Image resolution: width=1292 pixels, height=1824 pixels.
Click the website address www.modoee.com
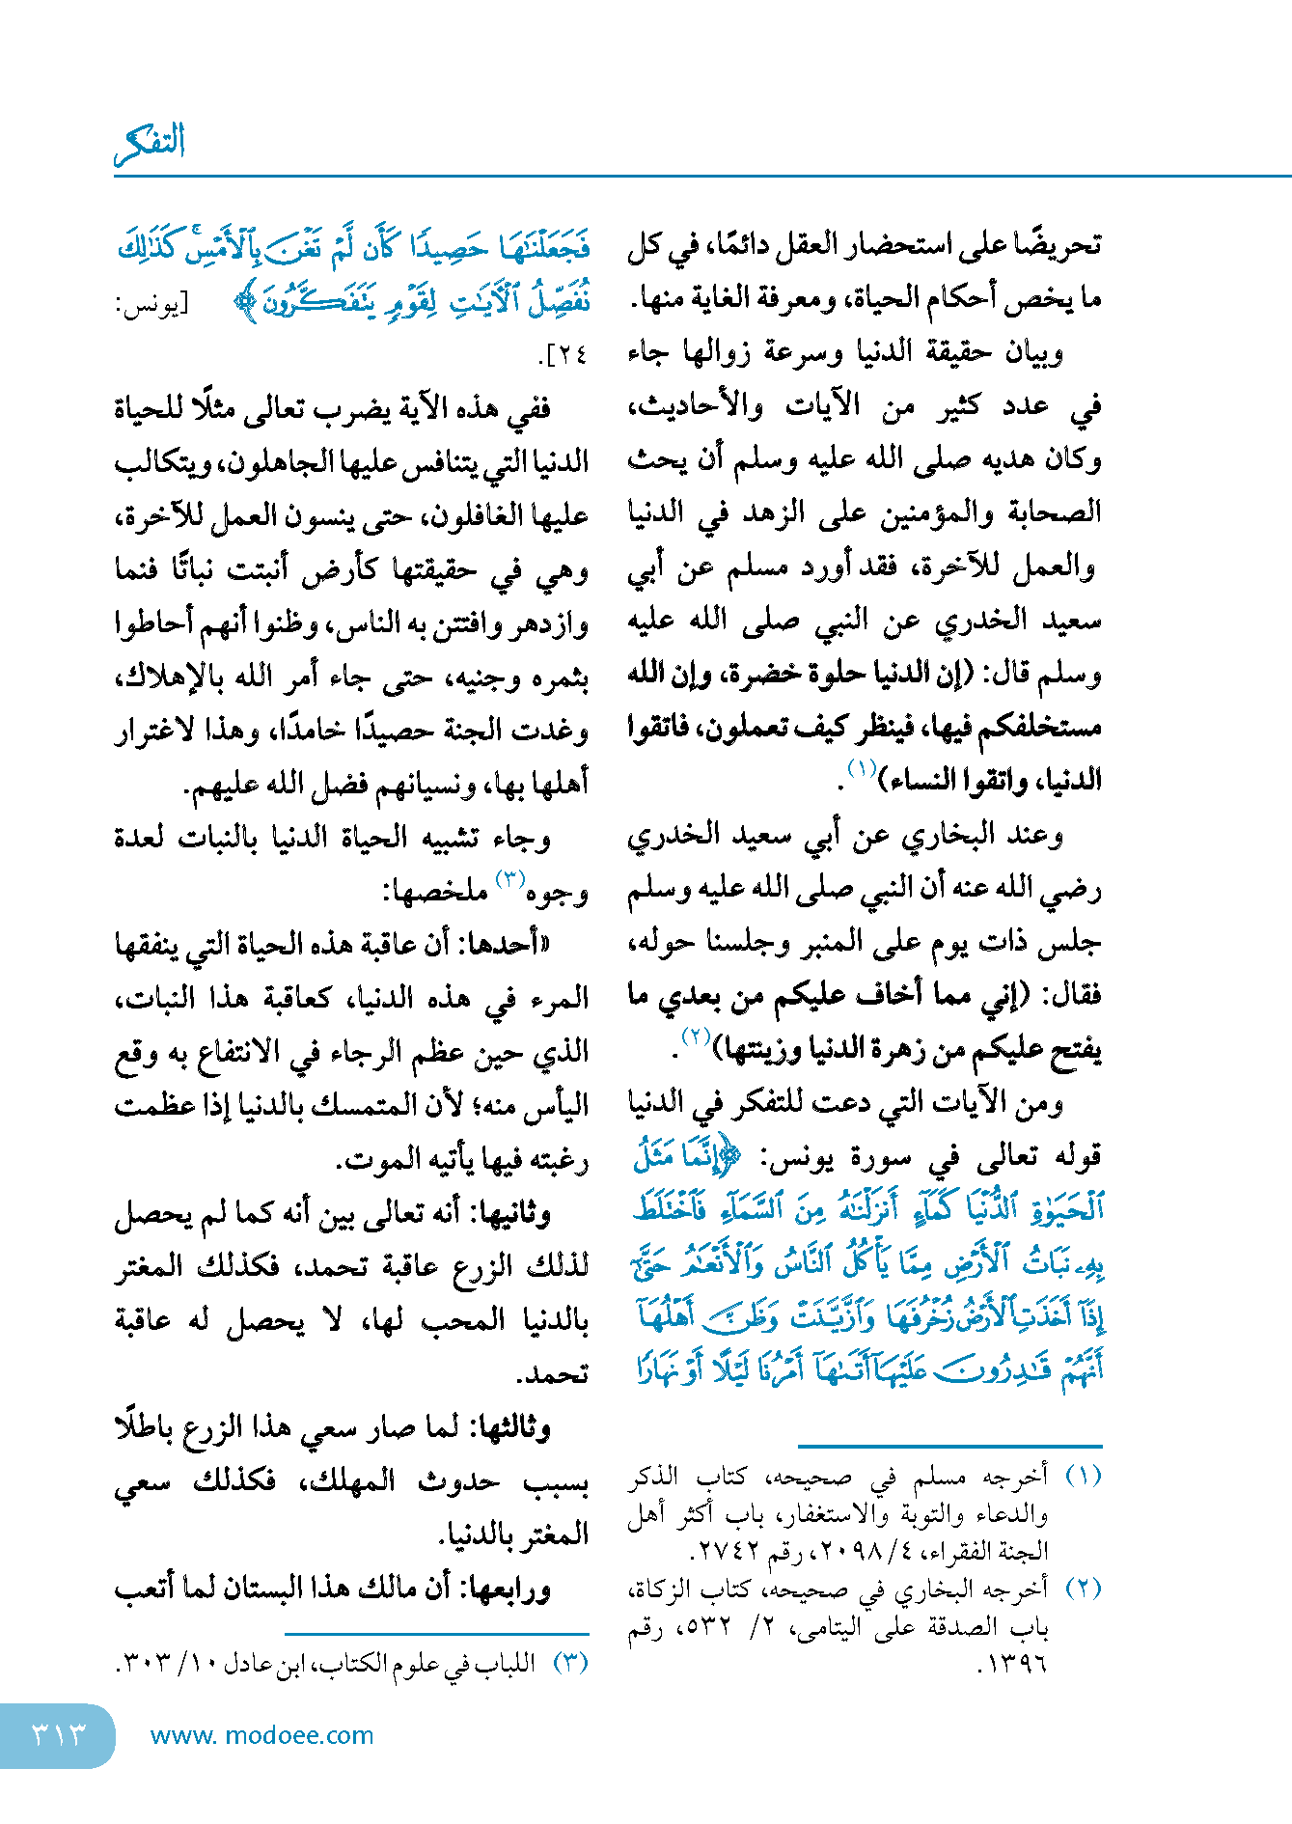click(x=261, y=1735)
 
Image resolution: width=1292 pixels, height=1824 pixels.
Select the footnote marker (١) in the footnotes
click(x=1082, y=1477)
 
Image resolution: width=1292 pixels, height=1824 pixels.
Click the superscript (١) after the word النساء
click(x=861, y=769)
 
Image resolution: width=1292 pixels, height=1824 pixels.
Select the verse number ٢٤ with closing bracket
click(x=564, y=355)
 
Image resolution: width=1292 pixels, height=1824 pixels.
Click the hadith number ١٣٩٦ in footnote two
click(x=1013, y=1665)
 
